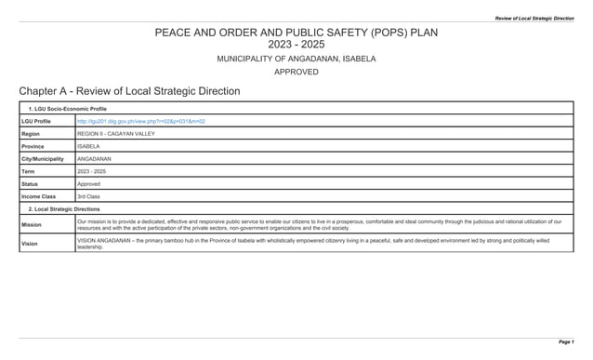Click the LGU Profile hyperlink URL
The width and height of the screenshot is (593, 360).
140,122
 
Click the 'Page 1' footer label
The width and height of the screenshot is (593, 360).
565,342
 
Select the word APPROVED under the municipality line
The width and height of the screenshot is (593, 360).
296,72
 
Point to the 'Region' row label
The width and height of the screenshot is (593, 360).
33,134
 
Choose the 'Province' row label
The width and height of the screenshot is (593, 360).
34,146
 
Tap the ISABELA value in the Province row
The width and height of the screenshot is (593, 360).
88,146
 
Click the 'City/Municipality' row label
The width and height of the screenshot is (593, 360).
43,159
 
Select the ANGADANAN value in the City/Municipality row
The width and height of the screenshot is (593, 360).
94,159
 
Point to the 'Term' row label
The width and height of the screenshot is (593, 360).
29,171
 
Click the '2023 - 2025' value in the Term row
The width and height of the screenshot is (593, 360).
91,171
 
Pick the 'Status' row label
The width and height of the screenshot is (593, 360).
31,184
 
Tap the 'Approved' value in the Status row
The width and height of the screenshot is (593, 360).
89,184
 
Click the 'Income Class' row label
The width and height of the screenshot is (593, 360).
39,196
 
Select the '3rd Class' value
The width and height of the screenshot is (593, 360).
89,196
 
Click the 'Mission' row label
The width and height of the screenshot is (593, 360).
32,225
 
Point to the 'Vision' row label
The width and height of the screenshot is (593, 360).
31,244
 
